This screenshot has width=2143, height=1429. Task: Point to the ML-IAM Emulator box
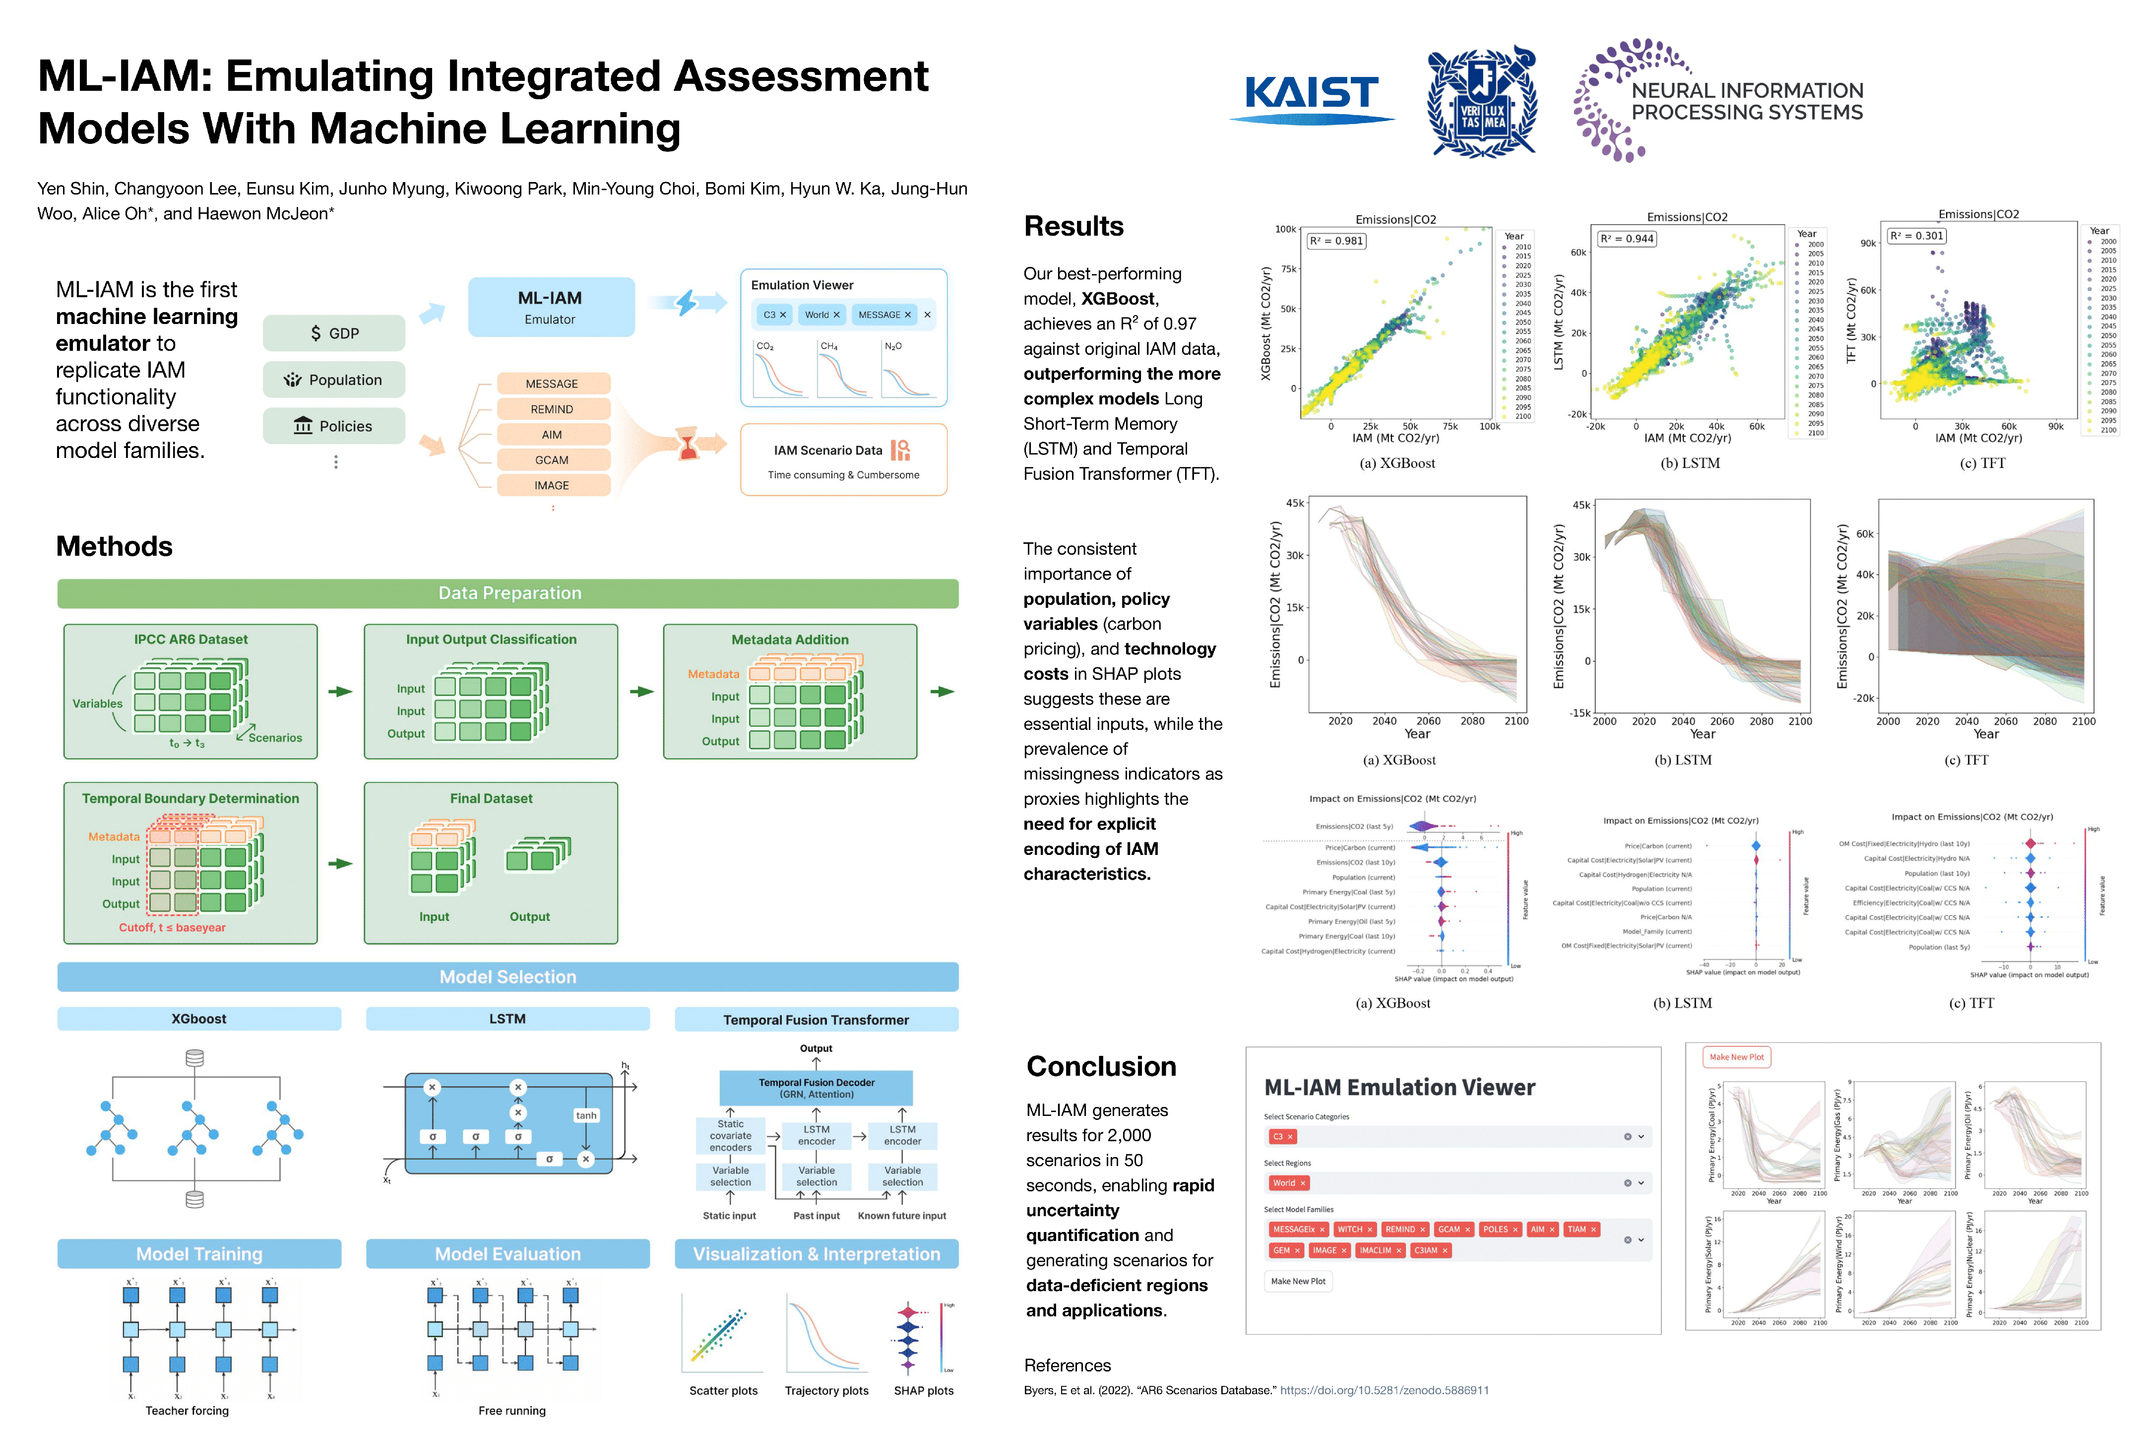(x=550, y=307)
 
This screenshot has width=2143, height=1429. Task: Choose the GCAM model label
(x=552, y=460)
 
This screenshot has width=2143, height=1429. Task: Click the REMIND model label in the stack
(x=552, y=409)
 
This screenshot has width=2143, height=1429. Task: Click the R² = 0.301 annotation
(x=1917, y=236)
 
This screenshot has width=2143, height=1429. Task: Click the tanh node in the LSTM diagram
(x=586, y=1115)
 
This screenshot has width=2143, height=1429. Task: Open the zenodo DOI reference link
(x=1384, y=1391)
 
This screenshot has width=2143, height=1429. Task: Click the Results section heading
(x=1073, y=226)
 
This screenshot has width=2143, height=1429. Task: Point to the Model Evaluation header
(x=507, y=1254)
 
